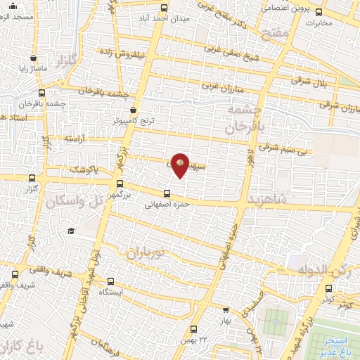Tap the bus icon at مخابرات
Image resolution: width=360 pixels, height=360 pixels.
319,11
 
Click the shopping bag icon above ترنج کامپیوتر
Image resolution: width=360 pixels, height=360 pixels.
134,110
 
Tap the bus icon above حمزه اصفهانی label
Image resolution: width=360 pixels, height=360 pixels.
167,194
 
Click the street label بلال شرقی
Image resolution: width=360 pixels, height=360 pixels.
323,83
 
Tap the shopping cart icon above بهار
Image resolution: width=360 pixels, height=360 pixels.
225,309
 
